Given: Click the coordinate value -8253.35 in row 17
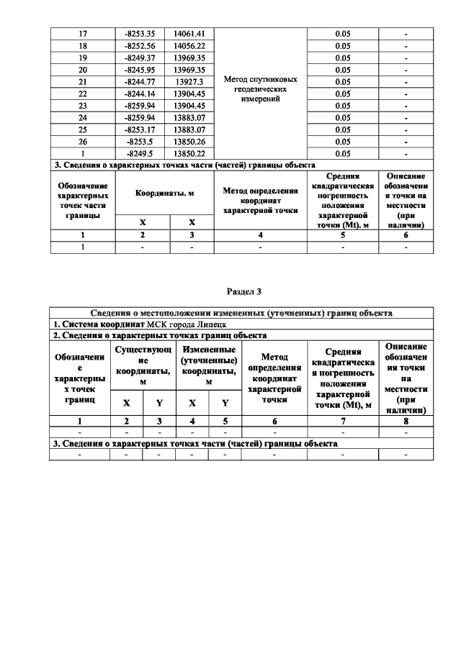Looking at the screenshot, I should click(142, 34).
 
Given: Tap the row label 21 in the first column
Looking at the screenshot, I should click(82, 82).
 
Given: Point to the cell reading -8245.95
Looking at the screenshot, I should click(142, 70).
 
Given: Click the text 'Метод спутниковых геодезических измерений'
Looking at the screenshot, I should click(261, 88).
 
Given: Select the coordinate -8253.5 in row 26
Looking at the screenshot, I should click(142, 142).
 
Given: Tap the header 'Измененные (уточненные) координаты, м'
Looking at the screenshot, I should click(208, 366).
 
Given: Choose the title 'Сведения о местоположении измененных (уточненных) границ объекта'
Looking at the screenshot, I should click(242, 314).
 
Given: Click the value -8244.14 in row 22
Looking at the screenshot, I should click(142, 94).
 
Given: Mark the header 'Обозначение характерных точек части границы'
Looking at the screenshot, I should click(83, 200).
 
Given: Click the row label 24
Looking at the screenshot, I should click(82, 117).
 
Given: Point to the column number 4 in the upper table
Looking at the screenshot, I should click(261, 235).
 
